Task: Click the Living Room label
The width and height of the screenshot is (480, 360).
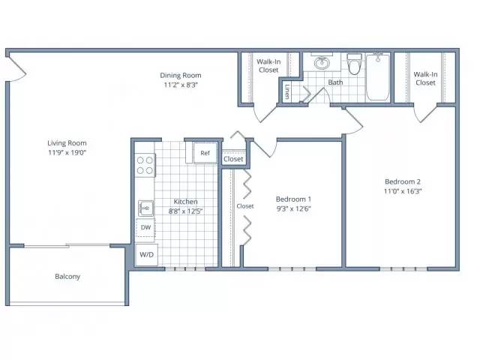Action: tap(67, 143)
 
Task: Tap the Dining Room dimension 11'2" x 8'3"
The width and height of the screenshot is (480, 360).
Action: tap(181, 85)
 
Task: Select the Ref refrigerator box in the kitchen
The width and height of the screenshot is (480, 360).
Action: tap(205, 153)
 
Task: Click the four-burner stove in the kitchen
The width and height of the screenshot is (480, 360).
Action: tap(145, 165)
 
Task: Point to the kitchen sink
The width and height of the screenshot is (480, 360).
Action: tap(145, 208)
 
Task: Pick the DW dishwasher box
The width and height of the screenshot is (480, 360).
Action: tap(145, 227)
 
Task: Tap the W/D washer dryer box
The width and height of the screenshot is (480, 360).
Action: tap(147, 255)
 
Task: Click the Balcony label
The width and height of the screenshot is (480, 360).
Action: tap(67, 277)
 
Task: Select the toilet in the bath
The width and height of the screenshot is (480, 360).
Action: tap(355, 64)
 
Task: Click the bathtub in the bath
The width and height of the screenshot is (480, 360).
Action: tap(378, 76)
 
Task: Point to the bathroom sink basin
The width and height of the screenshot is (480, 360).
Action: tap(322, 63)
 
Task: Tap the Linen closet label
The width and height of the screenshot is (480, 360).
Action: tap(287, 91)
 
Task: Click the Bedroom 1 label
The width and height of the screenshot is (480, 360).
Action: tap(293, 199)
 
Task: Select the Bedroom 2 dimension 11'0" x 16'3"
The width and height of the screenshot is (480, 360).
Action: tap(403, 191)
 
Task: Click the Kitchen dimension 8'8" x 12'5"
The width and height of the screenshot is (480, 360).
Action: tap(185, 211)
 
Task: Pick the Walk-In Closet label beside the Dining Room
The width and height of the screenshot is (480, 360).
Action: tap(268, 66)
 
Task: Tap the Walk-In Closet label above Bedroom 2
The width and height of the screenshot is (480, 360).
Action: tap(425, 78)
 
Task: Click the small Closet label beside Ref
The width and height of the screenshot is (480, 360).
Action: tap(233, 159)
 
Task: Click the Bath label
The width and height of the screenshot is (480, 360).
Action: tap(335, 82)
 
